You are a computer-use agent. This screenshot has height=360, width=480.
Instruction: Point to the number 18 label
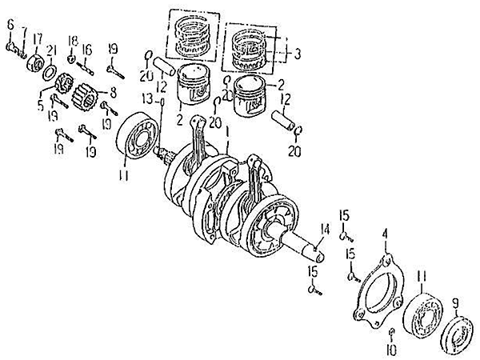point(72,40)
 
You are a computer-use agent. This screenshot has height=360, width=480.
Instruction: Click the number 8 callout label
point(112,90)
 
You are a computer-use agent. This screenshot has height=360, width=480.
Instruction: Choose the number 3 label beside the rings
point(297,54)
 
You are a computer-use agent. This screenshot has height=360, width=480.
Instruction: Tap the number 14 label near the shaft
point(324,230)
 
